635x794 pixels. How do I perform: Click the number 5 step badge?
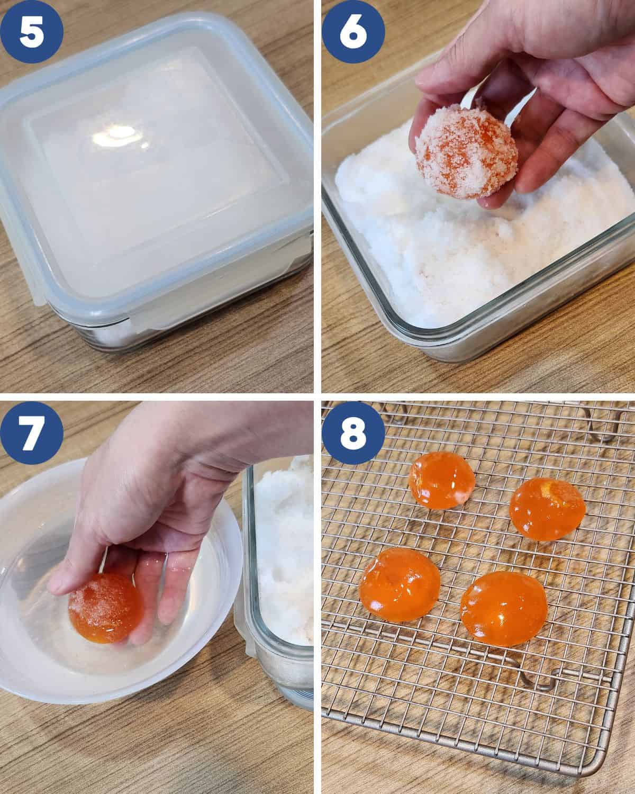click(32, 32)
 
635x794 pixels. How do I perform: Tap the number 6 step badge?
click(353, 32)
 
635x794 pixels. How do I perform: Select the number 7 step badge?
click(32, 433)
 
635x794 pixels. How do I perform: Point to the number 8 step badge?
click(353, 433)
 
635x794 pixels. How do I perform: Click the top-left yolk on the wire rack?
click(441, 481)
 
